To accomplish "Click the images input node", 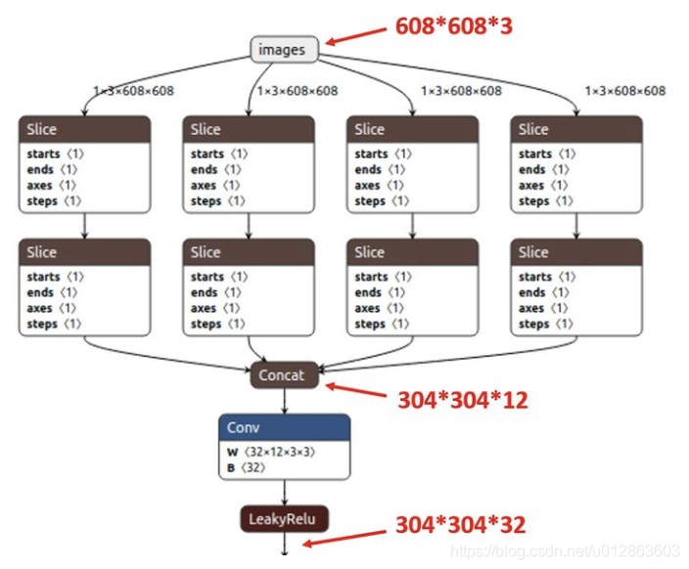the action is tap(284, 49).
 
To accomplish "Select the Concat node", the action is tap(284, 375).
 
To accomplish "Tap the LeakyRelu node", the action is tap(284, 519).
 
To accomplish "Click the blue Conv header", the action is tap(284, 427).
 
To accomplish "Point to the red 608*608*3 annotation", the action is tap(454, 25).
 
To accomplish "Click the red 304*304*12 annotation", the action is tap(463, 400).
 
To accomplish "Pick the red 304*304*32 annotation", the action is tap(461, 525).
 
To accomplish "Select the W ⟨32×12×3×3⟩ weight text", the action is tap(271, 452).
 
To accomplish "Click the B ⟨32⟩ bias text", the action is tap(246, 467).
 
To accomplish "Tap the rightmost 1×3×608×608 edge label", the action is tap(624, 91).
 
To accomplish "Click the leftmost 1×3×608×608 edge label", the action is tap(133, 91).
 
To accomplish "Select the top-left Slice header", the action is tap(85, 129).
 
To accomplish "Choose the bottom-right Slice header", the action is tap(576, 252).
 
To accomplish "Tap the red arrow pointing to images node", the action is tap(356, 36).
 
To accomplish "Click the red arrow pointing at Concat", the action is tap(356, 390).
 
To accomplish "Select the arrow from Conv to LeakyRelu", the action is tap(284, 493).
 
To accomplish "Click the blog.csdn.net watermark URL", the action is tap(565, 550).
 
